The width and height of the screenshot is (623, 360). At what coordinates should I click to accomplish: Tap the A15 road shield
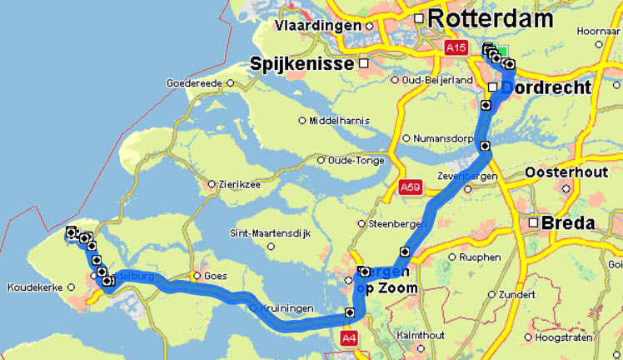[x=456, y=49]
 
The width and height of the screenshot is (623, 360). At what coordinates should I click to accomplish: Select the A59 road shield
[x=410, y=187]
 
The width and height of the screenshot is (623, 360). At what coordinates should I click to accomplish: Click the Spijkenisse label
[x=303, y=63]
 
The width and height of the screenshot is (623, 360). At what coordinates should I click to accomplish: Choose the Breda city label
[x=568, y=223]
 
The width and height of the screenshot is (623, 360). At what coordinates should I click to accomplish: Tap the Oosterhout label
[x=570, y=172]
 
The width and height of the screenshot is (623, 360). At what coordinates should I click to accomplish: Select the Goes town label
[x=216, y=275]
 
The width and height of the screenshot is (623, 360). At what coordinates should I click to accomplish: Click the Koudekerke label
[x=36, y=288]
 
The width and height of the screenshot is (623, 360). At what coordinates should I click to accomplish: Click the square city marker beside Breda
[x=533, y=223]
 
